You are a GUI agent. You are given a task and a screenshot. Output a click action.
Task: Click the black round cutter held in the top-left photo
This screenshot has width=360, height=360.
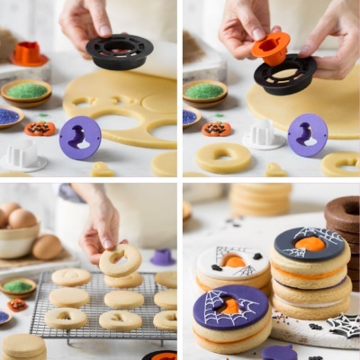(120, 51)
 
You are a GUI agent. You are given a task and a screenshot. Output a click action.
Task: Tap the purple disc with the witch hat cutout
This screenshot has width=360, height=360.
(80, 138)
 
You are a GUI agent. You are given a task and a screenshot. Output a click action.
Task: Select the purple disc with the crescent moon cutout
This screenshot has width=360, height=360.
(308, 134)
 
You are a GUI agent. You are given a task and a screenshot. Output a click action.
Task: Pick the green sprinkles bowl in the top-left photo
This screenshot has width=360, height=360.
(26, 91)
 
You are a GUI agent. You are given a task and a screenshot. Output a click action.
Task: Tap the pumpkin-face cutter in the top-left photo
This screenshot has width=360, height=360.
(40, 129)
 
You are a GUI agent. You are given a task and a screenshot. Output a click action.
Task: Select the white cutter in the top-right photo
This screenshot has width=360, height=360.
(264, 135)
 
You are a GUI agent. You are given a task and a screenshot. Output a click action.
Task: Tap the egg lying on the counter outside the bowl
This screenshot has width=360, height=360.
(47, 246)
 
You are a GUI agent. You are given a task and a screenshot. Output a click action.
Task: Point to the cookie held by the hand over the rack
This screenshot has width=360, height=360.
(120, 260)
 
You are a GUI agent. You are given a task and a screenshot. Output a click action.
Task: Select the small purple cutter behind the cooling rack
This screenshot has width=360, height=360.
(162, 257)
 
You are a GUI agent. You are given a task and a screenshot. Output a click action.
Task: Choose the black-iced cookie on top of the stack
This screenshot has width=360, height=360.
(310, 245)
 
